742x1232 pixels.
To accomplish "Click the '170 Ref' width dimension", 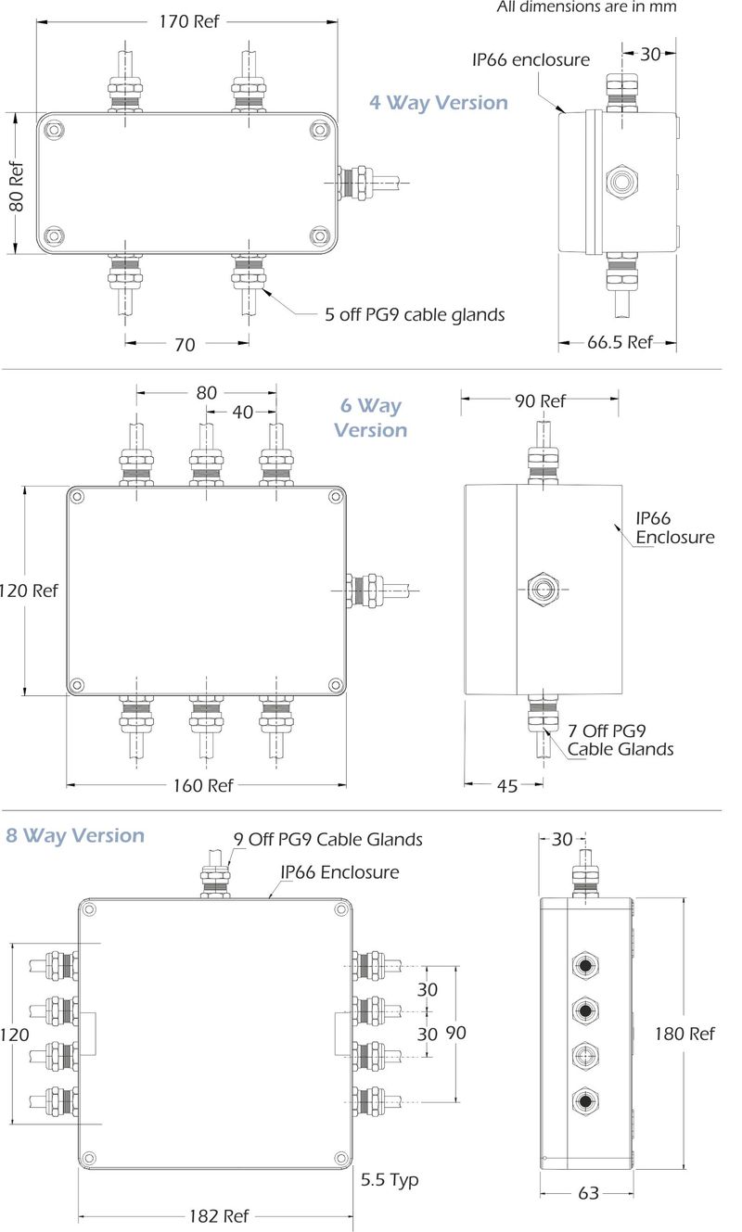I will coord(188,21).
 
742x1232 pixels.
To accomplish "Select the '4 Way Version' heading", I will coord(439,102).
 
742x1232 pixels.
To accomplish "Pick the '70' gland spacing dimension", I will coord(185,345).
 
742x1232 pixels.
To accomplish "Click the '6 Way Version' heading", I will coord(370,418).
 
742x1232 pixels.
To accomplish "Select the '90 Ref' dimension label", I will coord(540,400).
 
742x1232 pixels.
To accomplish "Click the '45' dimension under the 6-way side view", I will coord(506,786).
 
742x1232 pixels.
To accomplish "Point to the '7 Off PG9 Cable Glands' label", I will coord(620,740).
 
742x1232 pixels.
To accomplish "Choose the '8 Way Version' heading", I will coord(75,835).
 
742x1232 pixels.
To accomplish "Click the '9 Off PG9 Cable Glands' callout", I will coord(327,839).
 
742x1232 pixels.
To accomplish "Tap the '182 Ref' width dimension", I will coord(218,1215).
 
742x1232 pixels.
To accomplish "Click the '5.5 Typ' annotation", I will coord(390,1179).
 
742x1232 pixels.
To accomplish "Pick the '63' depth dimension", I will coord(588,1193).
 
